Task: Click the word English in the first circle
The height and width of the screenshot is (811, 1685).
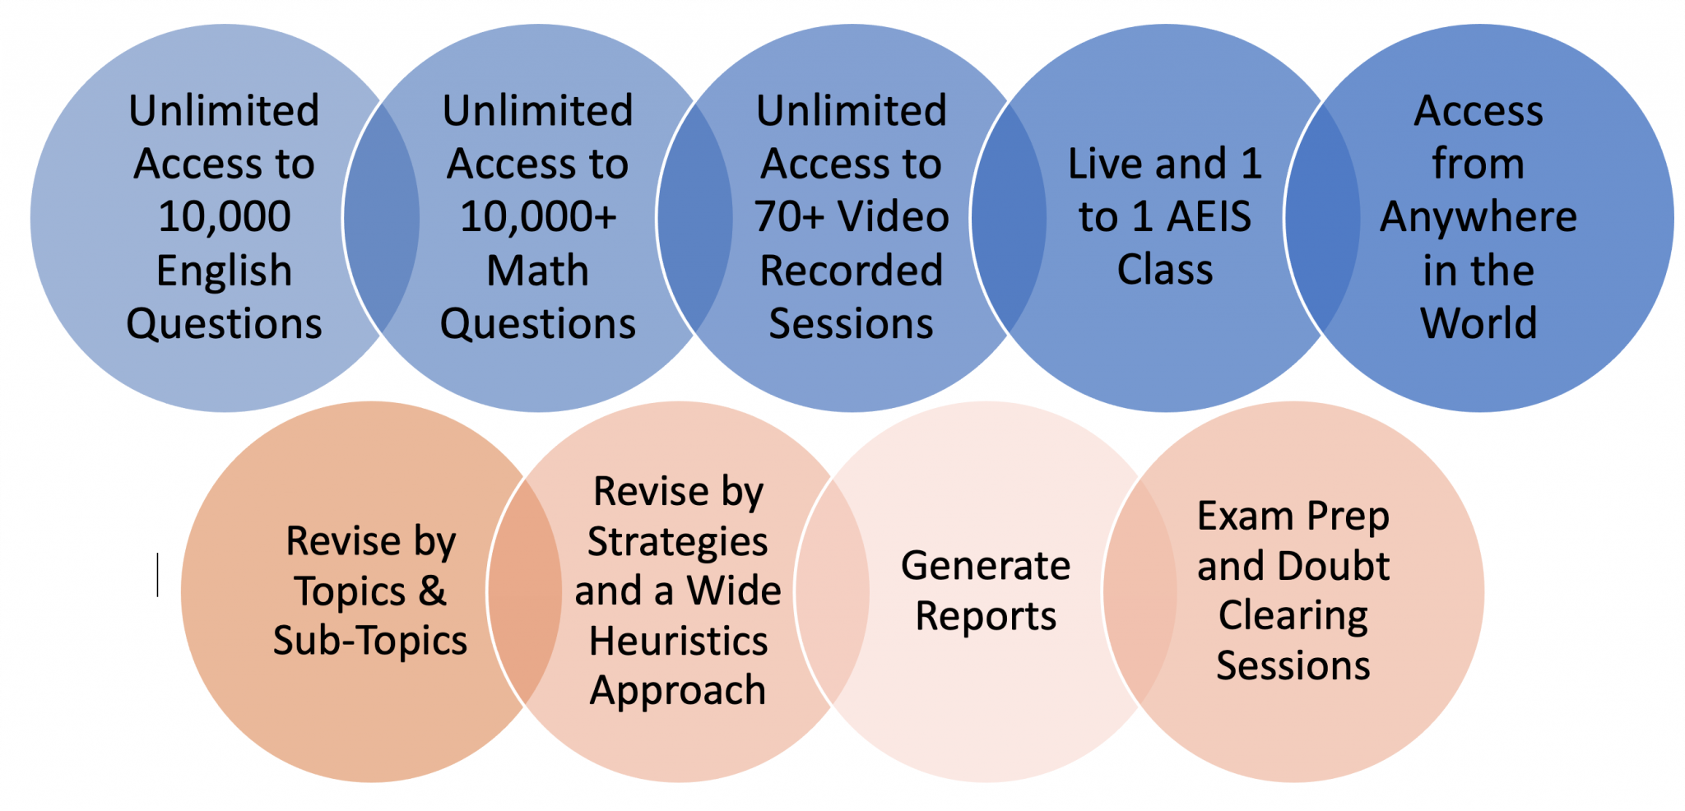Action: [224, 271]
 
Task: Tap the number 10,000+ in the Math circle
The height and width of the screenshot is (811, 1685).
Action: [538, 217]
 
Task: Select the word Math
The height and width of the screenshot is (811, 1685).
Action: [538, 271]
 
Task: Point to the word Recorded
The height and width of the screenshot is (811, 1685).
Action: [852, 271]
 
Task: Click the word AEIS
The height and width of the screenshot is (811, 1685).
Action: [1209, 217]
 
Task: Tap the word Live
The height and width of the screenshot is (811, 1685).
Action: [1107, 164]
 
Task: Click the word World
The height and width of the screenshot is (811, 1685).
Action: [1478, 323]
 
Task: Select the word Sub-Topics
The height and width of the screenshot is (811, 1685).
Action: [370, 641]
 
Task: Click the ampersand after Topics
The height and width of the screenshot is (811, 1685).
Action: [432, 591]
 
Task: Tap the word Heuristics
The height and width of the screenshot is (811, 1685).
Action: [678, 641]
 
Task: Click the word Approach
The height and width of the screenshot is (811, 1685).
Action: [678, 691]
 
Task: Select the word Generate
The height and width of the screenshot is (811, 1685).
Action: [986, 567]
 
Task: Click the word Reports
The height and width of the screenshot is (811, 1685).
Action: [986, 616]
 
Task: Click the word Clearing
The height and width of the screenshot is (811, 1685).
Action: [1293, 616]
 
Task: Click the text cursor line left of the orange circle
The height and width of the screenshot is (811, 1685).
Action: [157, 574]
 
